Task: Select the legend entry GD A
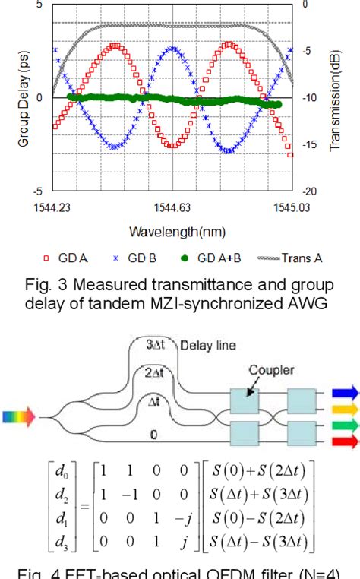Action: coord(75,258)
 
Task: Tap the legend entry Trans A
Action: coord(291,258)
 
